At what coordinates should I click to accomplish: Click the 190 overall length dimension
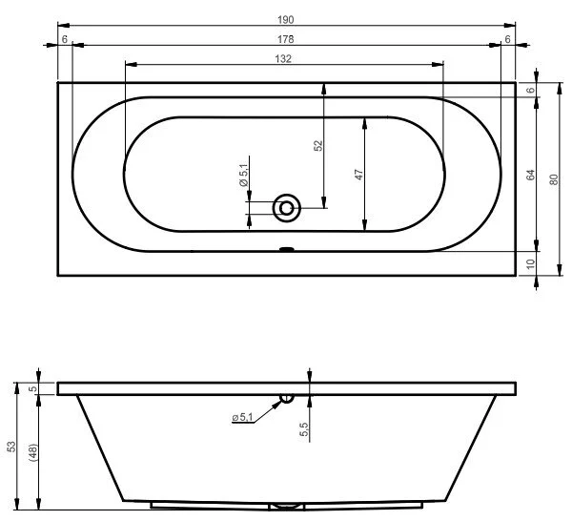286,17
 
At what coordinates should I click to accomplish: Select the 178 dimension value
286,39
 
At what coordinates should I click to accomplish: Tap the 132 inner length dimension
285,59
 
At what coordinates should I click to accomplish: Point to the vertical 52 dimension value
318,145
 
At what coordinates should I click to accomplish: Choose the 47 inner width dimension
359,176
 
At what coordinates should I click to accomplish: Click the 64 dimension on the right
531,176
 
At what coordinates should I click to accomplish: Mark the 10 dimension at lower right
531,263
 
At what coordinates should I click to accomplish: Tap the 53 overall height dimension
11,447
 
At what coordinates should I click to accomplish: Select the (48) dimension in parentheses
32,452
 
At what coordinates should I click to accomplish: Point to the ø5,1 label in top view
243,176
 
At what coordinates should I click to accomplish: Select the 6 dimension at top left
64,39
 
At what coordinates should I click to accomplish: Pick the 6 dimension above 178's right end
508,39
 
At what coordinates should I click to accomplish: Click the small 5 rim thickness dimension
32,388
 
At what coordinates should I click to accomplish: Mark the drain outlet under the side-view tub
286,506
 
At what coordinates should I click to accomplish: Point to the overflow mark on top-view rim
286,252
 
